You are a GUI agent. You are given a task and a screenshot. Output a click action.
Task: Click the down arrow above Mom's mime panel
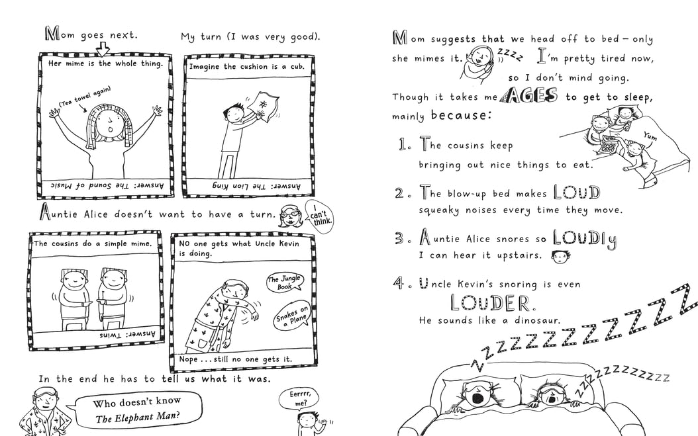pos(103,48)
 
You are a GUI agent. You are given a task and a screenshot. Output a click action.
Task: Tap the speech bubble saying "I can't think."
pos(319,214)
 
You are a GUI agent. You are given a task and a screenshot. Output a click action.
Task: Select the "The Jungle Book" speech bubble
pos(285,283)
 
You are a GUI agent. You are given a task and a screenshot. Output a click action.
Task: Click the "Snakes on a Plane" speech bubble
pos(292,316)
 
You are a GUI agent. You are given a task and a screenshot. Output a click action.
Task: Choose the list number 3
pos(400,238)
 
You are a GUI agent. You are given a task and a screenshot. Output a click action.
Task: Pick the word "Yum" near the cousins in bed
pos(650,136)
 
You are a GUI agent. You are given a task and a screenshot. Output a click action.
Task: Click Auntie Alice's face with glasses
pos(291,216)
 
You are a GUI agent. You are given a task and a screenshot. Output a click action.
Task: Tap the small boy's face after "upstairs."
pos(560,257)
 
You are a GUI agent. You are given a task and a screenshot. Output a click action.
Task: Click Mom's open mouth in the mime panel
pos(110,130)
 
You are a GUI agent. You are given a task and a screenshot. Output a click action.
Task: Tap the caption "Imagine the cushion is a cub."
pos(247,67)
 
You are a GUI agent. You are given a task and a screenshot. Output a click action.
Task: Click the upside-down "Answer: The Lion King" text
pos(256,186)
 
